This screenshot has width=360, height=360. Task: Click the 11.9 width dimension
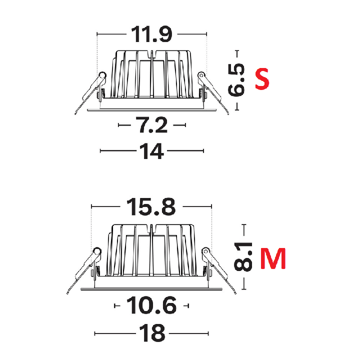151,34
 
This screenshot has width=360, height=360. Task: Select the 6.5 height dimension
236,79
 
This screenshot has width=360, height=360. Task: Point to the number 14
151,151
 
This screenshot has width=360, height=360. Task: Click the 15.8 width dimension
151,206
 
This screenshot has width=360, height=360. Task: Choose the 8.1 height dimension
243,256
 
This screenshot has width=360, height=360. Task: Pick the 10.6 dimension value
151,305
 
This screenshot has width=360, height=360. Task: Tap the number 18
152,333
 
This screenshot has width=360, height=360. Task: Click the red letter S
262,78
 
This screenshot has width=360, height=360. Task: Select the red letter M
273,258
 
